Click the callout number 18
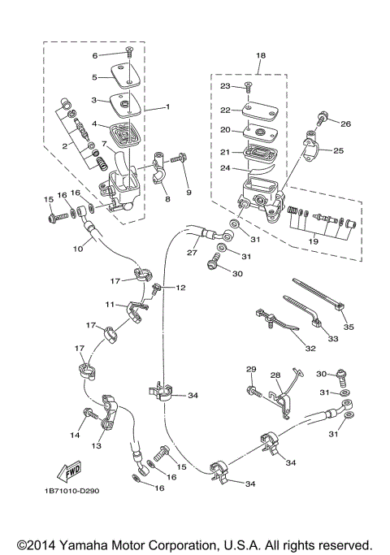[x=261, y=55]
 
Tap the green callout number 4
[x=94, y=124]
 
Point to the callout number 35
[x=349, y=329]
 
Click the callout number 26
[x=345, y=124]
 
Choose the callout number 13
[x=97, y=446]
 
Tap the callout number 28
[x=275, y=375]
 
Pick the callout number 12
[x=181, y=288]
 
